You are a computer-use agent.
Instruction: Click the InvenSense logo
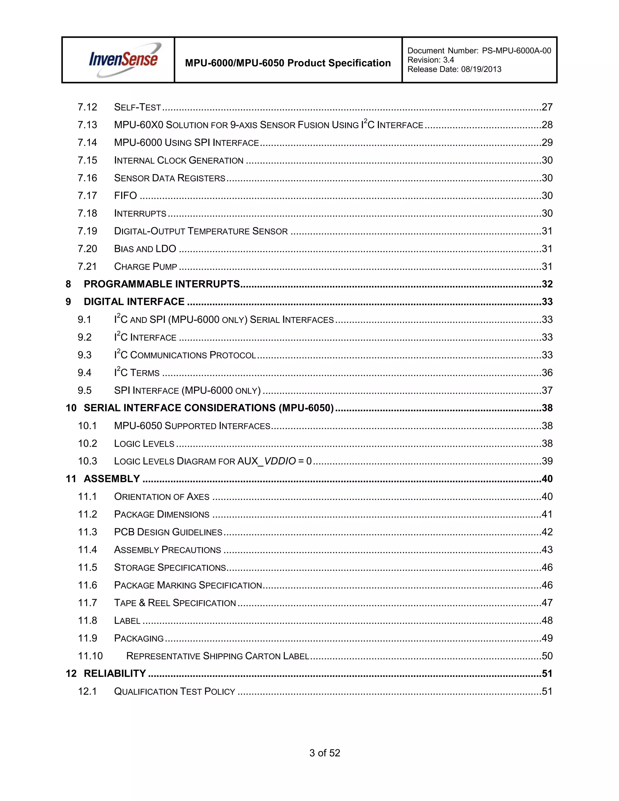point(124,60)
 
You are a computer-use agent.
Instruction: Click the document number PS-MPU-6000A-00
point(516,50)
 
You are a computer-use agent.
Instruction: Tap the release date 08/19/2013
point(481,69)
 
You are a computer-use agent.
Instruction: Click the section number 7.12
point(87,107)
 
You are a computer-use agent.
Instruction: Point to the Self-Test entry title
point(138,107)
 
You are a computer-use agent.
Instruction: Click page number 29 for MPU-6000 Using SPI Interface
point(547,142)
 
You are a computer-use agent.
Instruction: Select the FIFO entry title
point(125,196)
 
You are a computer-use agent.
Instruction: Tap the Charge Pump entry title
point(146,266)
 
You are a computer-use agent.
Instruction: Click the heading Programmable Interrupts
point(162,284)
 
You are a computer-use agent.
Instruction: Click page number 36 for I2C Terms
point(547,373)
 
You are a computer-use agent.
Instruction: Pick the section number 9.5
point(85,390)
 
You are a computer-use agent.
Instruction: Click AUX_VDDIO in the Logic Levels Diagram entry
point(267,461)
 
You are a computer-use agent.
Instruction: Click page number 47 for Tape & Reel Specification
point(547,603)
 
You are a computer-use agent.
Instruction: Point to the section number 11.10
point(90,656)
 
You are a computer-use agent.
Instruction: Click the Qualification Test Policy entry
point(175,691)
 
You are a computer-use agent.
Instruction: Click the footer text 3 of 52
point(325,753)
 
